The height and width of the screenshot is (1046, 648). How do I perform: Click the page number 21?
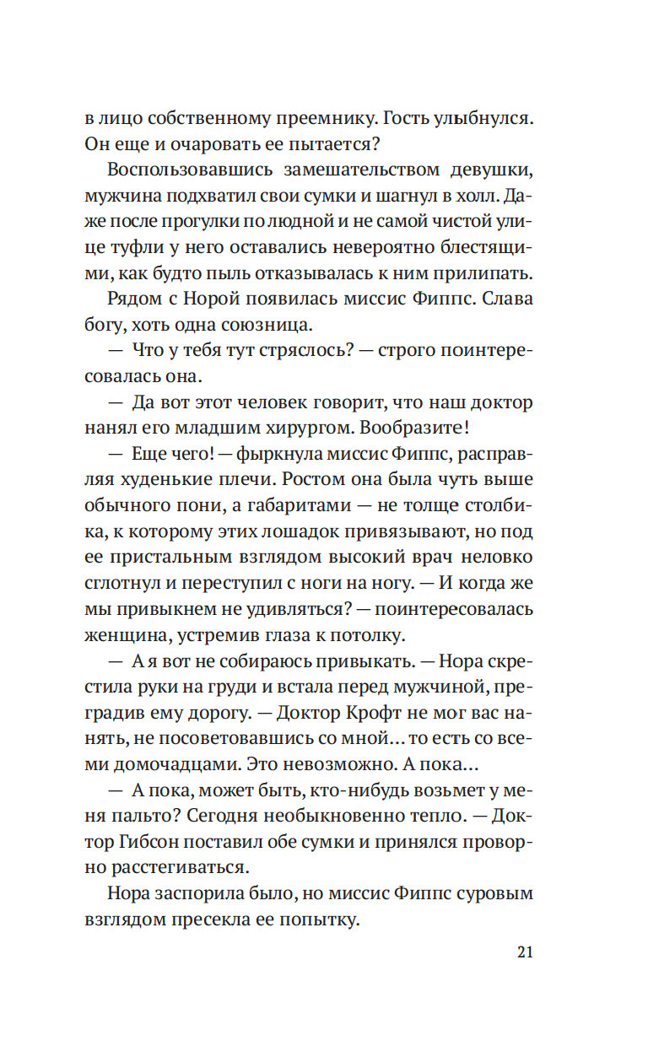coord(524,952)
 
